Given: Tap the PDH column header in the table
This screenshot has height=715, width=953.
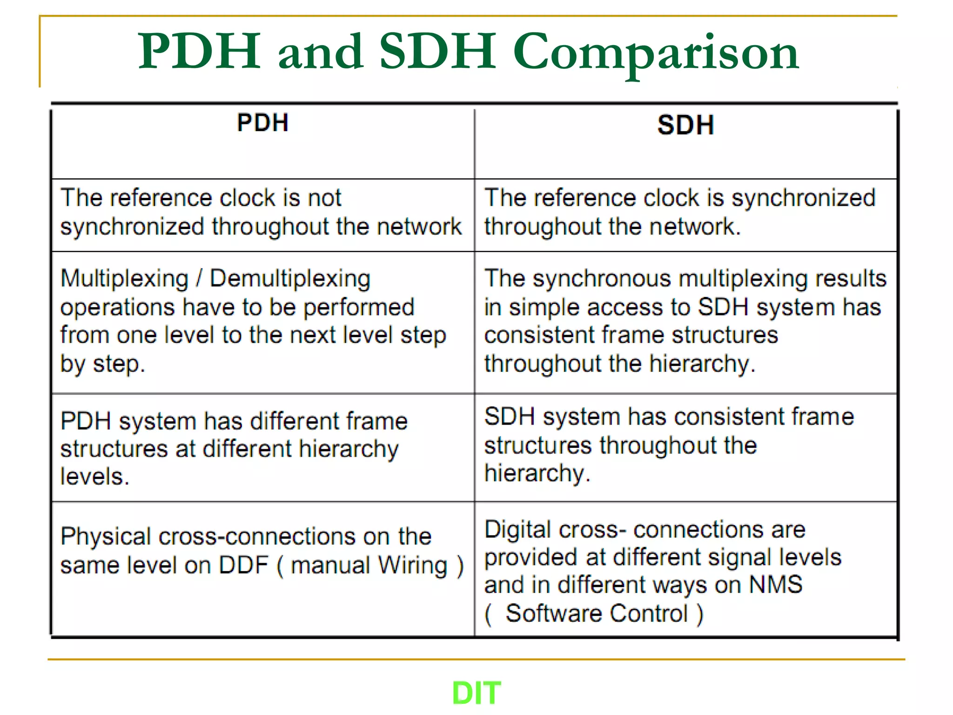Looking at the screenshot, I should coord(262,123).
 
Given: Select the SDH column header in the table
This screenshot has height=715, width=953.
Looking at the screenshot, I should coord(685,125).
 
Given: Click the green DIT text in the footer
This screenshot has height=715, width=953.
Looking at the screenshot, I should coord(476,693).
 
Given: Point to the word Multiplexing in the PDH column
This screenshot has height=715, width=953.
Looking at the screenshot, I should coord(124,279).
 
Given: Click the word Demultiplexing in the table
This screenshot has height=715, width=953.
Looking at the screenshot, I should coord(290,279).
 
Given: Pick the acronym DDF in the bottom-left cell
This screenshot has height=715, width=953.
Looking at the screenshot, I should coord(243,565).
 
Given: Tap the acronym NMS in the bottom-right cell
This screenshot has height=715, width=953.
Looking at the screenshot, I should coord(776,585).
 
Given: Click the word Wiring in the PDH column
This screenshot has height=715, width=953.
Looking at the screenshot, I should coord(412,566).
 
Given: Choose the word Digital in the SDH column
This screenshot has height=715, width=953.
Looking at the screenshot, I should coord(518,530).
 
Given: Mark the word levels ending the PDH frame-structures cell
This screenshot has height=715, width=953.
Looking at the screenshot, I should coord(94,477).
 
